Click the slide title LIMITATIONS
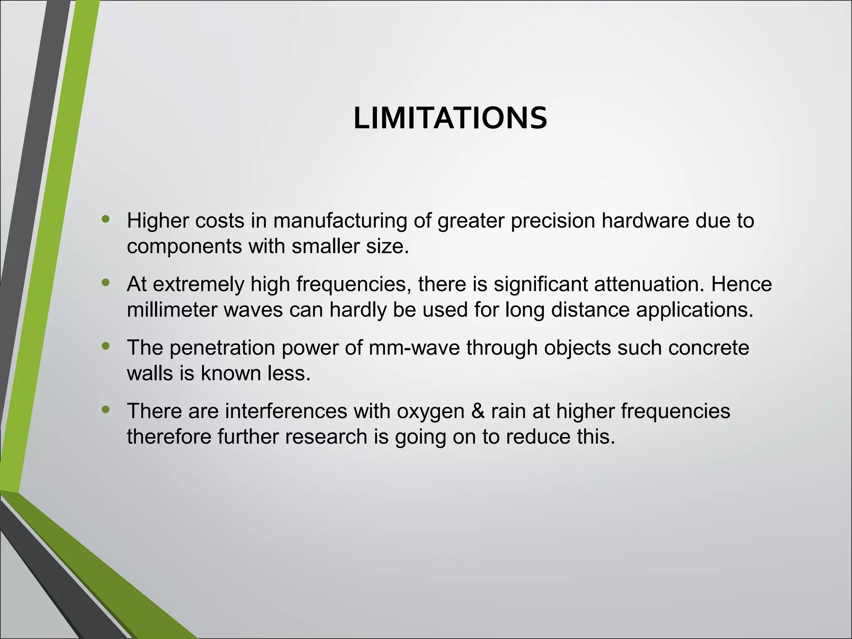(450, 119)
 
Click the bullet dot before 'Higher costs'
(106, 219)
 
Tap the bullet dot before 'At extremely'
(106, 282)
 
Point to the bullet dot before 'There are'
(106, 409)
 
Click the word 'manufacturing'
(340, 221)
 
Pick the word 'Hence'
(741, 285)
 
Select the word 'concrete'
(708, 348)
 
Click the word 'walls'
(150, 373)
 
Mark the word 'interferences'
(286, 411)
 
